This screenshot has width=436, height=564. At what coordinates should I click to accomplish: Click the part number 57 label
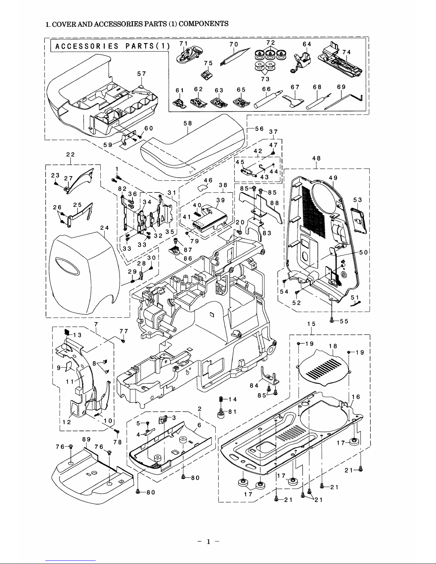tap(141, 74)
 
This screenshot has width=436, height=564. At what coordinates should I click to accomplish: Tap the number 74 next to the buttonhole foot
tap(347, 52)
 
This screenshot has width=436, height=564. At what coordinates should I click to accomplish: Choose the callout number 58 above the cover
tap(188, 123)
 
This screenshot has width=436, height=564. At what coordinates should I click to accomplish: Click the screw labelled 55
tap(332, 320)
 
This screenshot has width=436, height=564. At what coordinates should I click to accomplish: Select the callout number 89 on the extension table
tap(86, 440)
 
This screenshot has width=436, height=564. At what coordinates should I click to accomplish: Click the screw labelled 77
tap(123, 341)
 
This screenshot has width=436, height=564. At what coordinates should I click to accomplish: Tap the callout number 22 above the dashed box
tap(70, 154)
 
